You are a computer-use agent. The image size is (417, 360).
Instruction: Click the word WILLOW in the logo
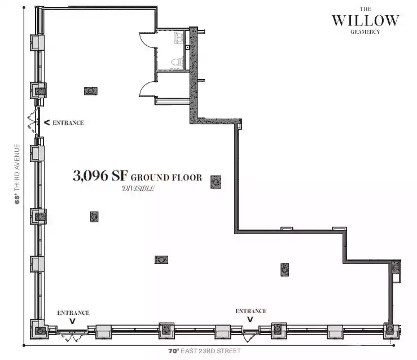coord(366,20)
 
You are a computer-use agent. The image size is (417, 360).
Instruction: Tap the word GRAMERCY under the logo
coord(365,32)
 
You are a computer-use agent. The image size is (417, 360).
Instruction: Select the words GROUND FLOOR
coord(166,178)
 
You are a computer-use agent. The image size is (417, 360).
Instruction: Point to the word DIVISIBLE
coord(138,188)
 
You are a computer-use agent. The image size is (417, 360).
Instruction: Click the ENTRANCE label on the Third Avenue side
coord(68,122)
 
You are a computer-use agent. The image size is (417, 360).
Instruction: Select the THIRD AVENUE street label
coord(17,168)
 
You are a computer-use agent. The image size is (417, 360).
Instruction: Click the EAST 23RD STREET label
coord(210,351)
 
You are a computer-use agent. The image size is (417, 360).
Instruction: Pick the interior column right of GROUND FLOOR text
coord(216,182)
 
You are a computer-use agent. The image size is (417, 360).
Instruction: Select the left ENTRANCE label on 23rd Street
coord(73,313)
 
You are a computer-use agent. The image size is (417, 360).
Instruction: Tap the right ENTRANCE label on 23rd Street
coord(251,311)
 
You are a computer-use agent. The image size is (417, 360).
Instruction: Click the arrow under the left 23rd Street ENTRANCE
coord(72,321)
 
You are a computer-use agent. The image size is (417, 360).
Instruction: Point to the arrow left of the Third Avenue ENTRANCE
coord(47,122)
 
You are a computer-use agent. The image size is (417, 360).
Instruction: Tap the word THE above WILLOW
coord(366,9)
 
